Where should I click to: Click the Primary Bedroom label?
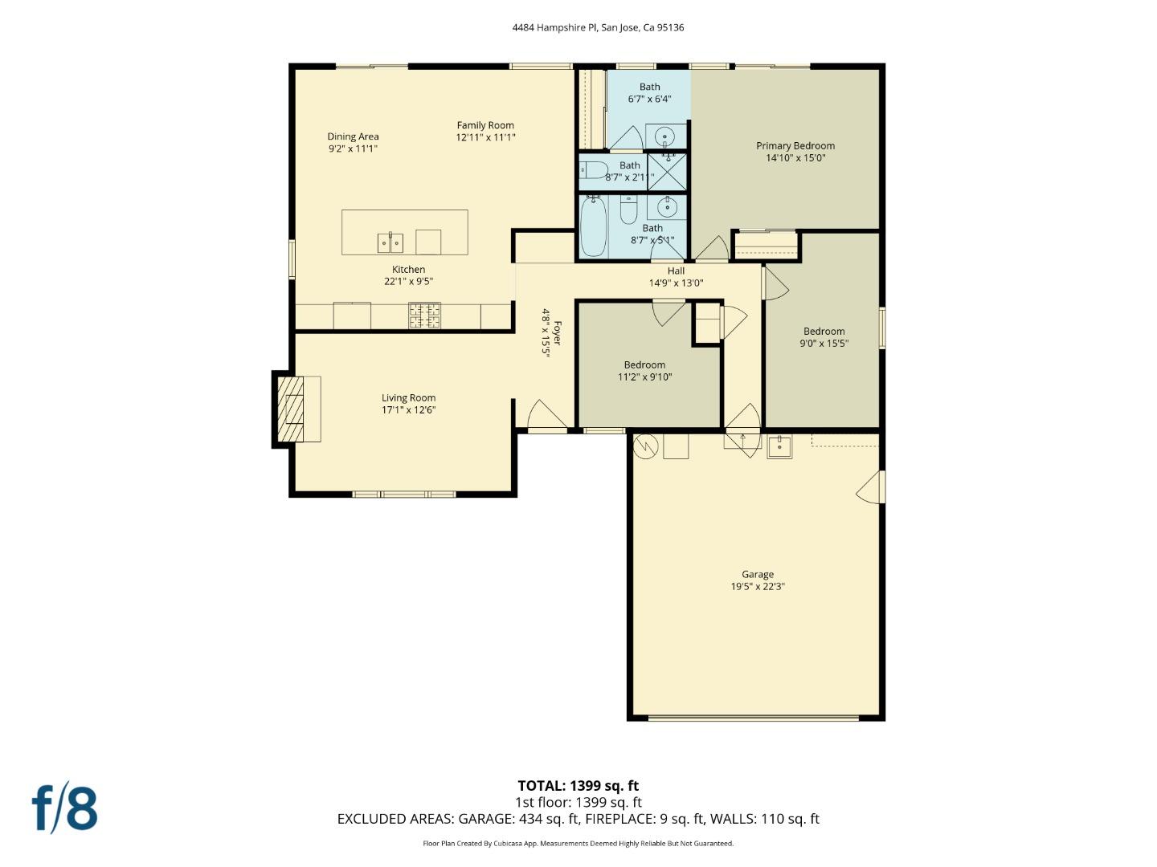point(795,146)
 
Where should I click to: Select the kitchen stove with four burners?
point(424,315)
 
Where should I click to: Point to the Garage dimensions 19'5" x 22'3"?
point(757,587)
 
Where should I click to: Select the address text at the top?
point(598,27)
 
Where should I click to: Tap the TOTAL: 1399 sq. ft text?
point(578,786)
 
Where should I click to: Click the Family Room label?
point(485,125)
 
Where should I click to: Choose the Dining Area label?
point(353,136)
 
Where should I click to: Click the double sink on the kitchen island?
point(390,242)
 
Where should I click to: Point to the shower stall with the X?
point(667,171)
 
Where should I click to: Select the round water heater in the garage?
point(645,446)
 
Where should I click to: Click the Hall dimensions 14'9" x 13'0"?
point(676,283)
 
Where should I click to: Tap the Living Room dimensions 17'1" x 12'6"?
point(408,410)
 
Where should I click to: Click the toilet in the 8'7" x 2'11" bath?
point(595,171)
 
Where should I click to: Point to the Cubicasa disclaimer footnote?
point(578,844)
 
